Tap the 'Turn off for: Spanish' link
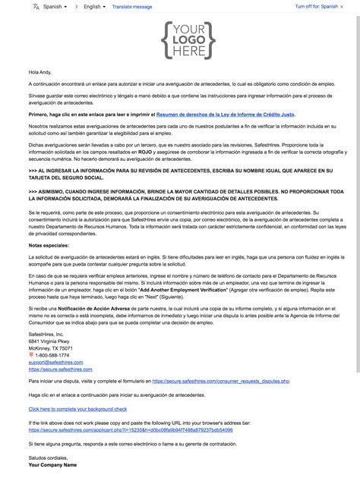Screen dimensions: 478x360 316,6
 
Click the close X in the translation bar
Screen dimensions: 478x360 349,6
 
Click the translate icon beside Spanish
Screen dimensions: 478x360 36,6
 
